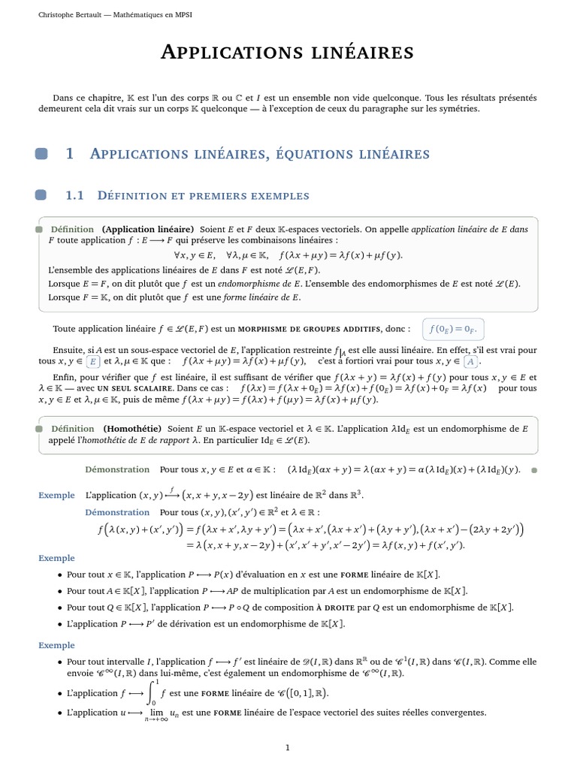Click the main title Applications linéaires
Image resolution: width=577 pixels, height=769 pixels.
[288, 52]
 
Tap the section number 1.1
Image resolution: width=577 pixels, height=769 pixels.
[75, 195]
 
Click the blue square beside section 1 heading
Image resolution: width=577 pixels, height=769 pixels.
[41, 154]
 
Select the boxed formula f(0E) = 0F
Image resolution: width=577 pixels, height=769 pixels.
[454, 329]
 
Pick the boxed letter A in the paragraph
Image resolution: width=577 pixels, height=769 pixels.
[471, 360]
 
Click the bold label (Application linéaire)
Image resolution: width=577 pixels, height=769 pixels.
[148, 229]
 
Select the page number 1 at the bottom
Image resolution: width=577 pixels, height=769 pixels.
[288, 747]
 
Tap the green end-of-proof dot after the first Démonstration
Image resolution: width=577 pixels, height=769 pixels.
[534, 470]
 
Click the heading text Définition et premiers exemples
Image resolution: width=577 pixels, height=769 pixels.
[204, 196]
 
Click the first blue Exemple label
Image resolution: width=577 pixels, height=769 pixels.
[56, 495]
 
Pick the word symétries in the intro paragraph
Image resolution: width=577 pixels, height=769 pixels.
[458, 109]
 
